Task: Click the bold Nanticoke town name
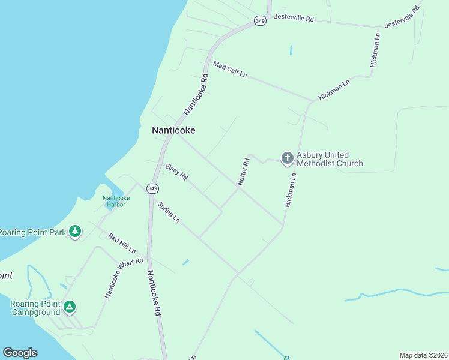173,130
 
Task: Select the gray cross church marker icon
288,158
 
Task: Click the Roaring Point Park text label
32,232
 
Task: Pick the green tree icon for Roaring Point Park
75,231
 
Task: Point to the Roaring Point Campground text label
35,308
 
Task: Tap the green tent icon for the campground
70,307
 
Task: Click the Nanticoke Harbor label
116,201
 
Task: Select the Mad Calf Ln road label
230,70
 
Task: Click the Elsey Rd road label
176,172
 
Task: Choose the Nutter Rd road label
243,172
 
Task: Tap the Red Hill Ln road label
122,243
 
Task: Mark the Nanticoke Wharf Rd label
124,277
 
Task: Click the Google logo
20,353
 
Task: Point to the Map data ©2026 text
423,355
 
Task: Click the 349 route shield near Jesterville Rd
260,20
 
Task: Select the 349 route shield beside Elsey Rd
153,188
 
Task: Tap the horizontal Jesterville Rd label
294,18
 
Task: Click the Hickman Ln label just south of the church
291,191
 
